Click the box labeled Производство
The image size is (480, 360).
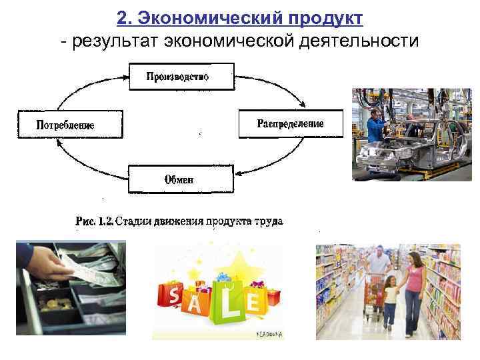coord(180,76)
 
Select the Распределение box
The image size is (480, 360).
coord(291,124)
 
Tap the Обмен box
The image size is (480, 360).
coord(180,179)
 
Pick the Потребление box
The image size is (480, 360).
coord(70,124)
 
